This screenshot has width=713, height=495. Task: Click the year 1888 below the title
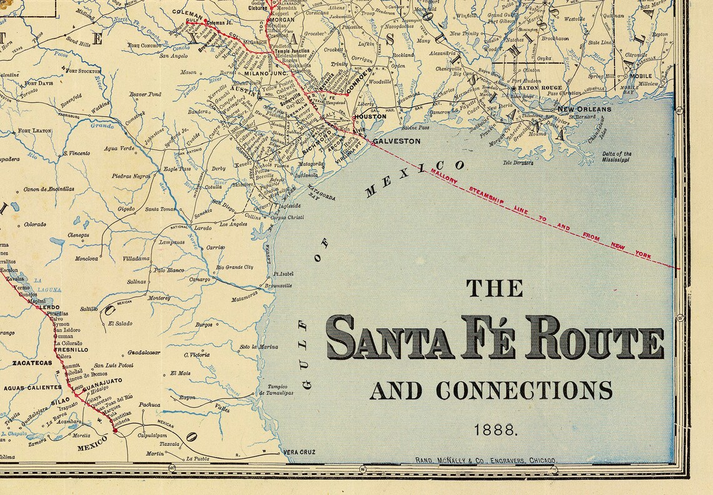[x=495, y=429]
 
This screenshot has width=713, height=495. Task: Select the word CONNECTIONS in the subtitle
[x=524, y=391]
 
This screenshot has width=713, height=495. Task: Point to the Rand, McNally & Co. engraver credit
[x=485, y=461]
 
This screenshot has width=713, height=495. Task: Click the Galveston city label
[x=397, y=141]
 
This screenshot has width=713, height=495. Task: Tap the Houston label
[x=370, y=117]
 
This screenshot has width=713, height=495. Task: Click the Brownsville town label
[x=278, y=286]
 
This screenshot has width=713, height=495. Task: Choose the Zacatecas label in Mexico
[x=31, y=362]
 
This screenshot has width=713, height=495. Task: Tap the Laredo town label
[x=203, y=229]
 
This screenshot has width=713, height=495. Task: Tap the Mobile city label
[x=640, y=76]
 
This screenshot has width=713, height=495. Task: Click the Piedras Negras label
[x=131, y=176]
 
